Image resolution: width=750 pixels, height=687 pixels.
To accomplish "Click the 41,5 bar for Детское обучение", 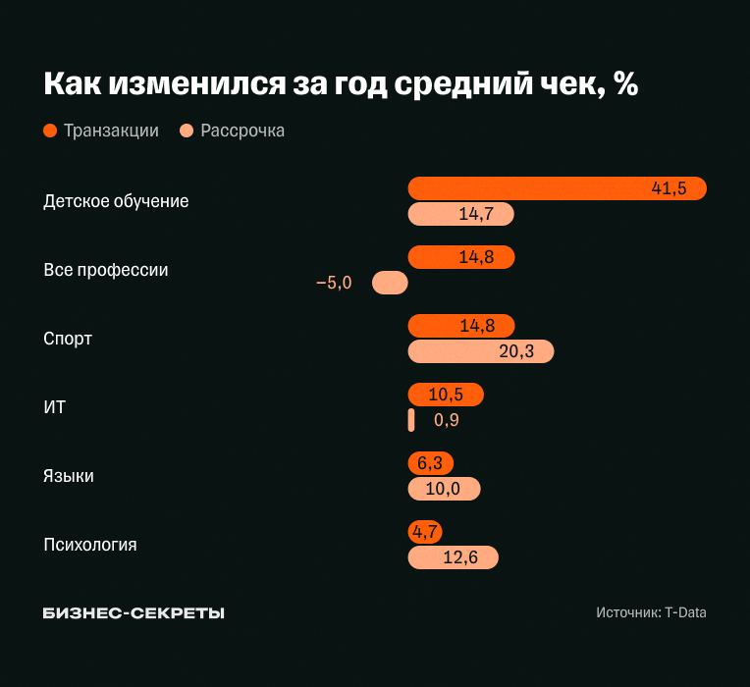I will [557, 188].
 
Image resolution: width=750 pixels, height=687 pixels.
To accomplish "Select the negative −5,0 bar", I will [390, 283].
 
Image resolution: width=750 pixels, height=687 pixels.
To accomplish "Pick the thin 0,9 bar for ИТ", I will [411, 420].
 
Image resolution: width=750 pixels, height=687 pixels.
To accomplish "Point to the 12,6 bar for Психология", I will [453, 557].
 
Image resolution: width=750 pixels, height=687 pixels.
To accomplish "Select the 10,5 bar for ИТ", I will [446, 395].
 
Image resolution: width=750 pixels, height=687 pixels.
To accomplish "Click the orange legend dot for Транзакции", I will [50, 131].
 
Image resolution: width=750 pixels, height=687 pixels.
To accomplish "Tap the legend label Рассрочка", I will [242, 131].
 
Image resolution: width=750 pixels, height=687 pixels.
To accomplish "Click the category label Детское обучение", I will [116, 201].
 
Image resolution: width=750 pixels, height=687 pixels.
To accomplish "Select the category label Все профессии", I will [106, 270].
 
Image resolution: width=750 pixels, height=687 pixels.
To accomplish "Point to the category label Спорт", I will [68, 339].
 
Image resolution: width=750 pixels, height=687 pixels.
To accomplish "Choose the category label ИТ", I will [55, 407].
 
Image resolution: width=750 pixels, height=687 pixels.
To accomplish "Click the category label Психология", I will [90, 545].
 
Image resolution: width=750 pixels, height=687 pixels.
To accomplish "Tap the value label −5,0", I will [334, 283].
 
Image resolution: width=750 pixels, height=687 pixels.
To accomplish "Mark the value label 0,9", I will [447, 420].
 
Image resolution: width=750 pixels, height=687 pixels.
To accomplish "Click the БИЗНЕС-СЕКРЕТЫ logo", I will [134, 612].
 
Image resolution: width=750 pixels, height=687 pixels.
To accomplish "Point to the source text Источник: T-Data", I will [651, 612].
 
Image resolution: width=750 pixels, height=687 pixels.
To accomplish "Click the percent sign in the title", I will [625, 84].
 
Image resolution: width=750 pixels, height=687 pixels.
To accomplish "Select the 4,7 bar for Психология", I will [425, 532].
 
